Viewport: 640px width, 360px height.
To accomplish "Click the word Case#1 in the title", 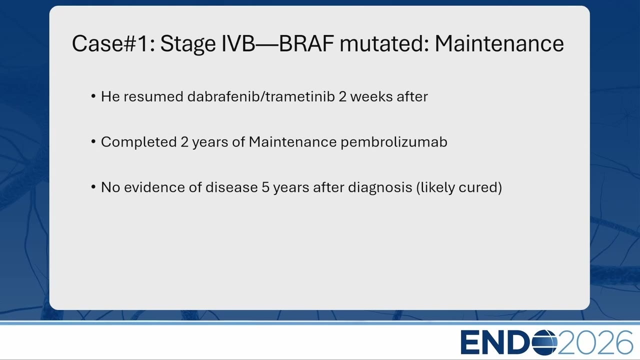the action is pos(113,43).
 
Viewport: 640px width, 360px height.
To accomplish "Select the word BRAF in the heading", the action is pos(306,43).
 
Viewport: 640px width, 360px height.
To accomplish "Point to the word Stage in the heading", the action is pos(188,44).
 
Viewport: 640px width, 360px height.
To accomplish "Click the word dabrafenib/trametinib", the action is pos(261,96).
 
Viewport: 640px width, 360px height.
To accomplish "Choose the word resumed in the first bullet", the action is pos(153,96).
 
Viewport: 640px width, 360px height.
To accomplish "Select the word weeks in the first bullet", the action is pos(371,96).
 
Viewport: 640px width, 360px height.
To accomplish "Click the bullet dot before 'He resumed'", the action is pos(93,96).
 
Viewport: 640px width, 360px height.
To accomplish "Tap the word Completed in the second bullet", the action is pos(138,142).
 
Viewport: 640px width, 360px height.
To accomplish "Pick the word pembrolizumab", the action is pos(394,142).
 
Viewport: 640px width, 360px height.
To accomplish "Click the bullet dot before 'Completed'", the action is pos(93,141).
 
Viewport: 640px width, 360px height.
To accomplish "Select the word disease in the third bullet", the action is pos(231,187).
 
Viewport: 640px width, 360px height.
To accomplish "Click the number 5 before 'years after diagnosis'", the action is pos(265,187).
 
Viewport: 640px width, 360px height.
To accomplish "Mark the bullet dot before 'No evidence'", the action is pos(93,187).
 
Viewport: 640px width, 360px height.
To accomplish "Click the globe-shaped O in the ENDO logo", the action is pos(544,342).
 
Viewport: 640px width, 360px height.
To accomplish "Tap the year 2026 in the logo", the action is pos(595,342).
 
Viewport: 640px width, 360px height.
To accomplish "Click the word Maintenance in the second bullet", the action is pos(292,142).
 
